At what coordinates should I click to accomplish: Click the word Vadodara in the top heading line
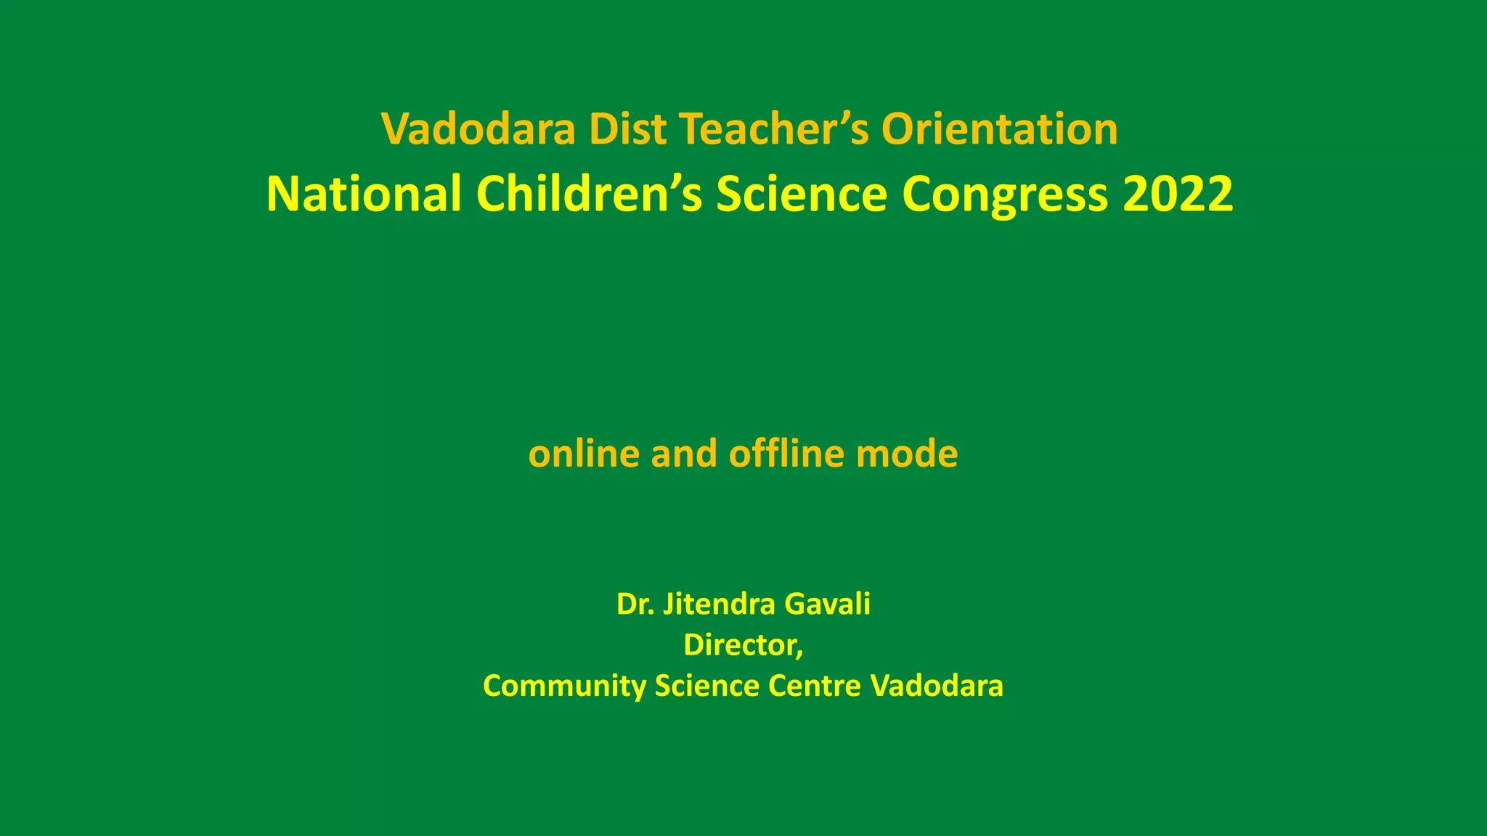(478, 129)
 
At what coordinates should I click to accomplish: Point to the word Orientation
(999, 129)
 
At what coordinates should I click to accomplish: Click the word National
(364, 194)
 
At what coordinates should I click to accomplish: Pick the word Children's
(589, 194)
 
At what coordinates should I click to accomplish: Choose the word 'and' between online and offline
(683, 454)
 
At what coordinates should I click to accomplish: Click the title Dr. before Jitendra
(636, 604)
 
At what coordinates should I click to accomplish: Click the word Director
(742, 645)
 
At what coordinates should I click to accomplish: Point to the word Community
(564, 687)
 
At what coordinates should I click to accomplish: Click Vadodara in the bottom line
(937, 686)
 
